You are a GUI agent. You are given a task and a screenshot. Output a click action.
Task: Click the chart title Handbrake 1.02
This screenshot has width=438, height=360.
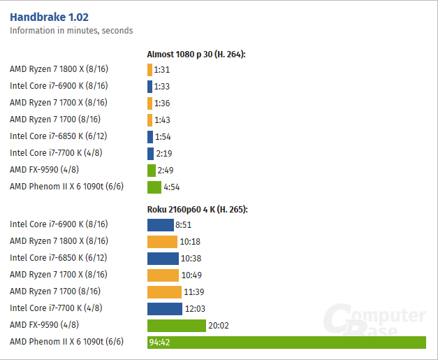click(49, 17)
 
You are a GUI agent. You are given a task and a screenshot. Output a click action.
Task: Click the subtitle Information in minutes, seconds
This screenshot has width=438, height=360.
click(71, 31)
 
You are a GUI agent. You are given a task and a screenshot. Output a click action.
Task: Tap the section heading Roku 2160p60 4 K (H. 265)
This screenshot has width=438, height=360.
click(197, 209)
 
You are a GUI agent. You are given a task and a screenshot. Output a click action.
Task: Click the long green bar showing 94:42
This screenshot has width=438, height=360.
click(286, 343)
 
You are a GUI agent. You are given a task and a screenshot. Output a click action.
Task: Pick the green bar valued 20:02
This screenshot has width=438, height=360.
click(177, 326)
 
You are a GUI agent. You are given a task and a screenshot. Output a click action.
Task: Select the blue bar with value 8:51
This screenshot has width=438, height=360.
click(160, 225)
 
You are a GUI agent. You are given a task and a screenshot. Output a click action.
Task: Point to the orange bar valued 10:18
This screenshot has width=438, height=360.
click(163, 242)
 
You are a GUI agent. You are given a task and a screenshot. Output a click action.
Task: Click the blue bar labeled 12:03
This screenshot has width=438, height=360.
click(165, 309)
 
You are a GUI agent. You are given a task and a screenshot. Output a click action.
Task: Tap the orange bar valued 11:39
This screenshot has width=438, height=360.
click(164, 292)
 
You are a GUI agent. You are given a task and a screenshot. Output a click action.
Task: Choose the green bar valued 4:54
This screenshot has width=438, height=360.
click(154, 187)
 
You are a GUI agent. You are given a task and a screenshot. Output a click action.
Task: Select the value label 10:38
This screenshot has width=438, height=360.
click(191, 259)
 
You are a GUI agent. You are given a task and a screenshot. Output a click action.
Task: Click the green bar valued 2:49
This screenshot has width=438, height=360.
click(152, 171)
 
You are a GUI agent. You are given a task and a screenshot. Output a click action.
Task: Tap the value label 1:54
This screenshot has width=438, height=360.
click(163, 137)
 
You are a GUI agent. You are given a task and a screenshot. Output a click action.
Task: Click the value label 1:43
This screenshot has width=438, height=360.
click(162, 120)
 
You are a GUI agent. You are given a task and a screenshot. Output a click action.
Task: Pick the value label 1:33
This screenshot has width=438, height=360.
click(162, 87)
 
